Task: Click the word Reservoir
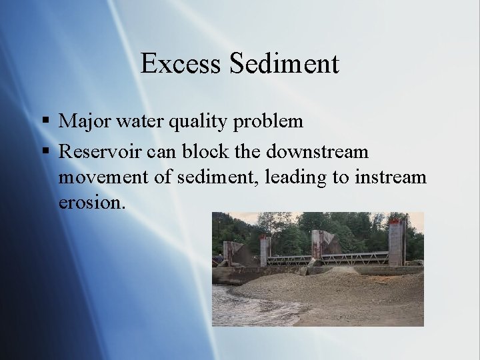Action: pyautogui.click(x=100, y=151)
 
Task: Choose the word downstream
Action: pyautogui.click(x=317, y=151)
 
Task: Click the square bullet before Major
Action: pyautogui.click(x=45, y=121)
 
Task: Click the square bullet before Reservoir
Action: pyautogui.click(x=45, y=151)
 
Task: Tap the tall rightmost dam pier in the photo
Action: pyautogui.click(x=397, y=243)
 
